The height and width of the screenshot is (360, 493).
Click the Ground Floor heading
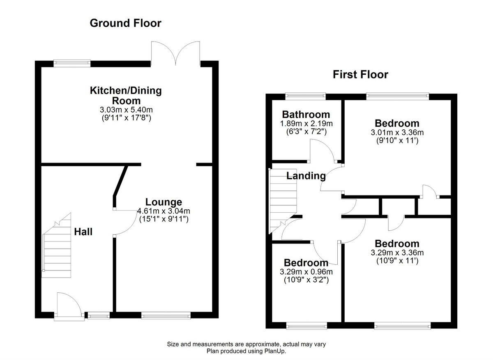tap(125, 23)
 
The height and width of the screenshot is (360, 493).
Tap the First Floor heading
tap(360, 75)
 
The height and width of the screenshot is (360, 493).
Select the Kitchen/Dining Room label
tap(126, 95)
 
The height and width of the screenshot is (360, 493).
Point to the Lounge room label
tap(163, 202)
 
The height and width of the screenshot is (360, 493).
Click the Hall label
tap(83, 232)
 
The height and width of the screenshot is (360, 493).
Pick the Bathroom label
tap(306, 115)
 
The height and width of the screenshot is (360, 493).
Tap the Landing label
tap(306, 176)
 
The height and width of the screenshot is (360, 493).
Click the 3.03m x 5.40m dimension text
tap(126, 110)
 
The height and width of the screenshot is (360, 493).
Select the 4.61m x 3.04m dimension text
tap(163, 211)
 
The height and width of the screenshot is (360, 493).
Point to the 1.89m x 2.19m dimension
tap(306, 123)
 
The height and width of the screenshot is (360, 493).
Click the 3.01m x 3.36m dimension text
tap(397, 132)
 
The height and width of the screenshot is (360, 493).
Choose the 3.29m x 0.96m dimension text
tap(306, 272)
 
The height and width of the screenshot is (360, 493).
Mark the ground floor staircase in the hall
tap(57, 246)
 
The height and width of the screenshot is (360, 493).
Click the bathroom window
tap(306, 97)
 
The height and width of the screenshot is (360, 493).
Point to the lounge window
tap(166, 315)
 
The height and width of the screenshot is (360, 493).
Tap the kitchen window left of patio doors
tap(72, 63)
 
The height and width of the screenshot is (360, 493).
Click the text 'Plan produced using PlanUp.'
tap(246, 351)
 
